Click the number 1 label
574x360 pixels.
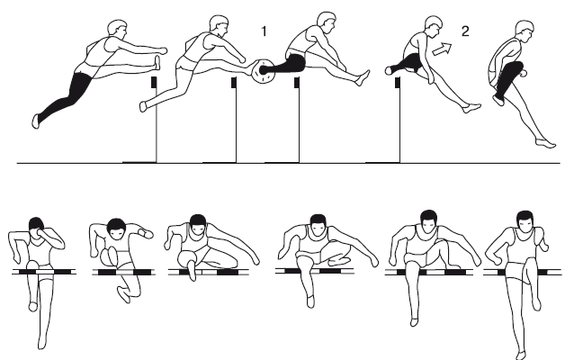coord(264,31)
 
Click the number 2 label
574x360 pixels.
coord(465,31)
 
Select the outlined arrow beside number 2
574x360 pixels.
coord(442,49)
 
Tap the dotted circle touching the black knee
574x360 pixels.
coord(263,71)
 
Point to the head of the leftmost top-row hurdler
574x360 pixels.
coord(117,29)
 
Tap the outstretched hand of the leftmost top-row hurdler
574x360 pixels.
coord(162,50)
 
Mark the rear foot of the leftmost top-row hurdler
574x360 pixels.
coord(35,121)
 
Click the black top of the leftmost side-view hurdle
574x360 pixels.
coord(154,82)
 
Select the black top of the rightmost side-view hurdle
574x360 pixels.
coord(397,83)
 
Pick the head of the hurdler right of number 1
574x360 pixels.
coord(327,22)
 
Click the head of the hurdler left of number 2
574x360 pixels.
coord(433,26)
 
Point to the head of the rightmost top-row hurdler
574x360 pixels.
coord(525,31)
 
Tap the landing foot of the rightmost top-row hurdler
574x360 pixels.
coord(546,143)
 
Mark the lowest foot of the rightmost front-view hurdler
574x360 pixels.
coord(521,355)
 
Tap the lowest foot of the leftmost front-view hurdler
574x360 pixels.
coord(42,343)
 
